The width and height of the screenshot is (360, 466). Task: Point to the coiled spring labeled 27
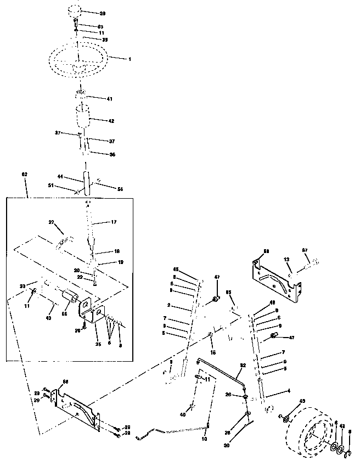click(x=64, y=240)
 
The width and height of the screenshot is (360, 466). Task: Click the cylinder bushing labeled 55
click(x=70, y=299)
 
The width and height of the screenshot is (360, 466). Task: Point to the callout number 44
click(x=61, y=177)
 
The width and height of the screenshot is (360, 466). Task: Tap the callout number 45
click(x=176, y=269)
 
